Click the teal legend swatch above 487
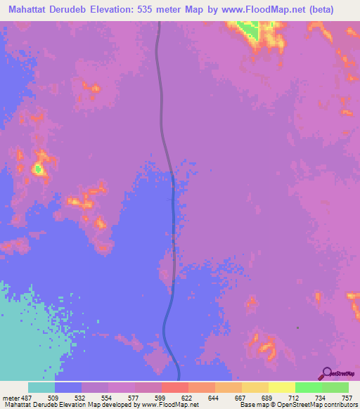pos(41,387)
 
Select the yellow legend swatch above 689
pos(255,387)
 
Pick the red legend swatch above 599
pos(175,387)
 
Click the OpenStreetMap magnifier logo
pos(326,373)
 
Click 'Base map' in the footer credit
pos(253,405)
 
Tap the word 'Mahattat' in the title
pos(33,10)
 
